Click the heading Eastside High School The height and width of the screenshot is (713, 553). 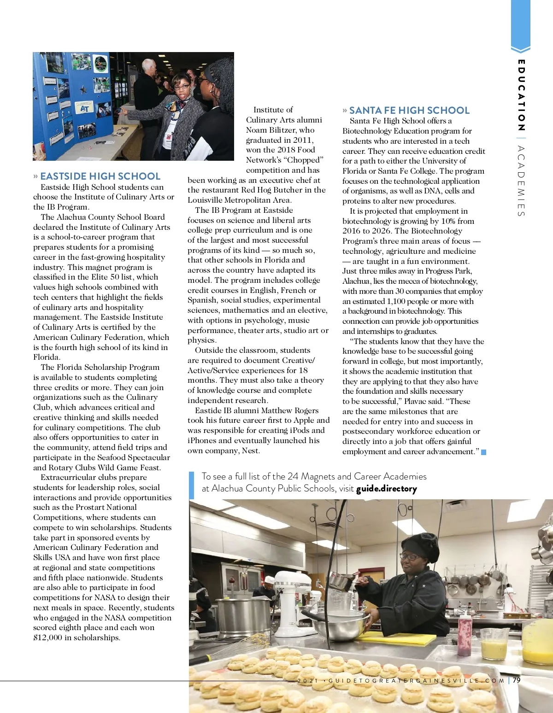click(x=100, y=176)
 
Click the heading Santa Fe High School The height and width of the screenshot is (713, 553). click(x=409, y=111)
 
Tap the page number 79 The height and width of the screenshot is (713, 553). click(x=517, y=680)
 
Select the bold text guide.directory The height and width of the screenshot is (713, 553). click(x=386, y=489)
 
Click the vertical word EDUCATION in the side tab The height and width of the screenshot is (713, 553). click(x=521, y=95)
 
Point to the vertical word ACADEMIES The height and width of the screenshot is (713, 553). click(x=521, y=181)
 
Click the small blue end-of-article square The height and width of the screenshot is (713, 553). click(x=484, y=452)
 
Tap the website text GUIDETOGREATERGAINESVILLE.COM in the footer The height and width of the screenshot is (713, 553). click(x=417, y=681)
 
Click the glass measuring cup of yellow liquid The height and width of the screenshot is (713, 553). click(x=494, y=643)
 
